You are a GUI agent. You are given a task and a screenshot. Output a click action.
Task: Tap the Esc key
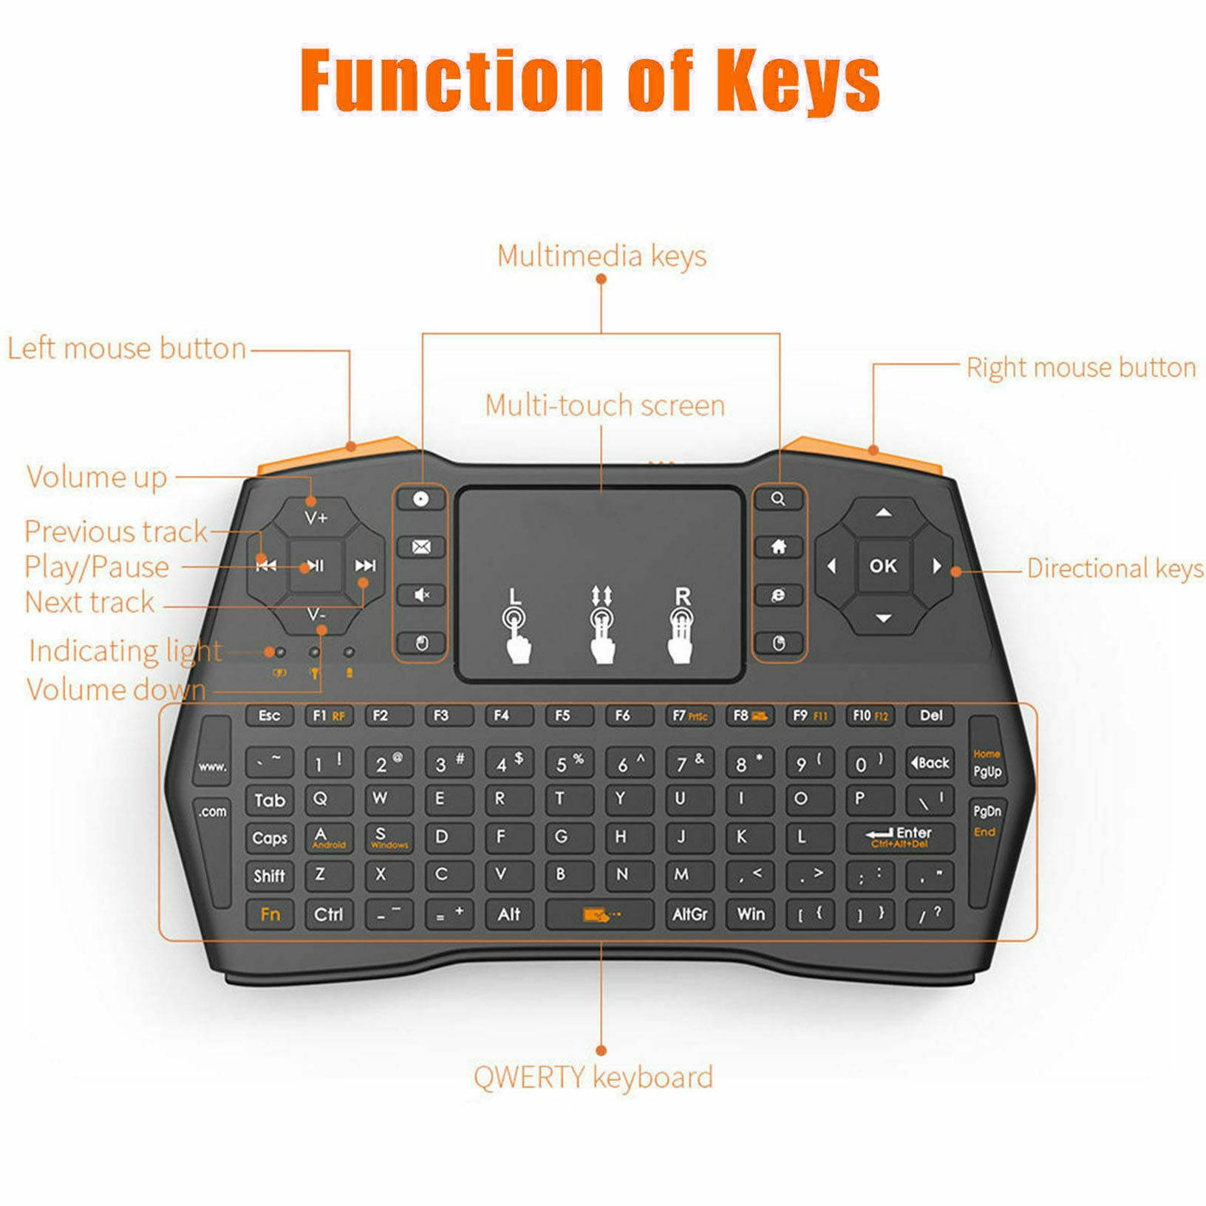pos(269,715)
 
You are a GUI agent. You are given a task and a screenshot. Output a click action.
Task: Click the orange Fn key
pos(270,914)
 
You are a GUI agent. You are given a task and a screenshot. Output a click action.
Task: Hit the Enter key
pos(899,837)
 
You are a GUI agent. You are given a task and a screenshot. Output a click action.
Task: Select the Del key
pos(930,715)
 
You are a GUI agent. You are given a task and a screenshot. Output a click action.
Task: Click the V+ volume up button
pos(316,517)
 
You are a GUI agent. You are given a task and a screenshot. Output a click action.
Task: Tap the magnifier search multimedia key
pos(778,499)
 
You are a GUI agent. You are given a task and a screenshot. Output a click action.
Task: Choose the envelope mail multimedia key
pos(420,547)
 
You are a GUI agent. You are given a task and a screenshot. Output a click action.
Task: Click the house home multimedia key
pos(778,547)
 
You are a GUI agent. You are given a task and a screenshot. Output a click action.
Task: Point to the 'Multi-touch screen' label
pos(604,405)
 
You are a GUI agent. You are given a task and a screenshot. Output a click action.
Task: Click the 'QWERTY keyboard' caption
pos(593,1077)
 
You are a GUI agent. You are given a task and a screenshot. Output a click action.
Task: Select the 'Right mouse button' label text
pos(1080,367)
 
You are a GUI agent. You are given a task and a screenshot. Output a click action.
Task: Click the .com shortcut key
pos(212,811)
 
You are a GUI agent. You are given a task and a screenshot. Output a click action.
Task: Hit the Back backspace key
pos(930,763)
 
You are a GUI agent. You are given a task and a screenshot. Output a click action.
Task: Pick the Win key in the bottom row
pos(751,914)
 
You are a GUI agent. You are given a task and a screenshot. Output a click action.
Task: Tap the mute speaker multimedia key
pos(420,595)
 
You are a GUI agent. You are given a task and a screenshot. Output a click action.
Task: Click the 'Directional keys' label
pos(1114,568)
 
